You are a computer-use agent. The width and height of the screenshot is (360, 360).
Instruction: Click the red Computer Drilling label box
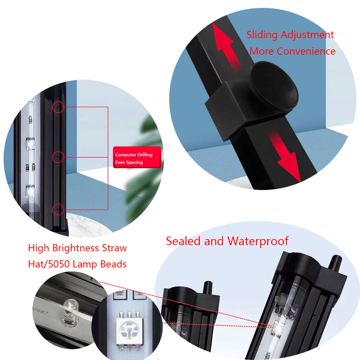137,158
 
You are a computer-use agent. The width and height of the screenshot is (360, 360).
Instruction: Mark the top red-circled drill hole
58,107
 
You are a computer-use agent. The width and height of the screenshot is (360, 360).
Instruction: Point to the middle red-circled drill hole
58,157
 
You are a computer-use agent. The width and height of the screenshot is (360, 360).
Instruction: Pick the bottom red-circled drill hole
58,210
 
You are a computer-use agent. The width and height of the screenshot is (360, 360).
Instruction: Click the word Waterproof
258,242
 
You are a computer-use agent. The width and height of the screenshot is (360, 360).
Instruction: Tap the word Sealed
183,241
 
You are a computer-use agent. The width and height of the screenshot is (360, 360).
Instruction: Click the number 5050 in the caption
59,264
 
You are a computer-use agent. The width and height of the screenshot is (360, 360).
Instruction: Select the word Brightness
76,248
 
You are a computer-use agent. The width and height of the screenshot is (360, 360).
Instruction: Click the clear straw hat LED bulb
71,309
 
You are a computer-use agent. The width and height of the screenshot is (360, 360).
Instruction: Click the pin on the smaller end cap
208,287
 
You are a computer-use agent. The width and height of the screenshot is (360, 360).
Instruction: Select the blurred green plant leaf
144,170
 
